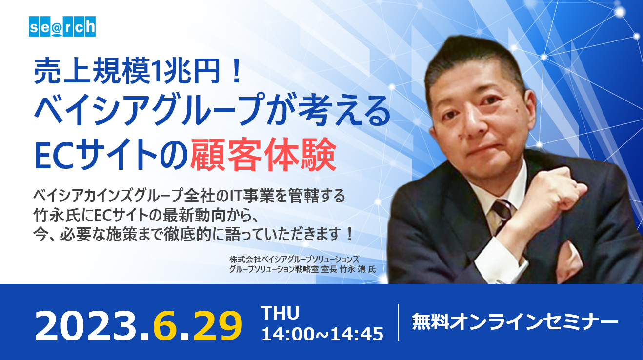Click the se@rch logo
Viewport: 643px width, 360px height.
62,26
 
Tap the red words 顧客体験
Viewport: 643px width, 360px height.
263,155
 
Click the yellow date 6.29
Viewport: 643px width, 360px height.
198,326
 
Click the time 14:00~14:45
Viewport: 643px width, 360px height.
322,334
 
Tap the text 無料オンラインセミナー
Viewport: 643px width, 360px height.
515,322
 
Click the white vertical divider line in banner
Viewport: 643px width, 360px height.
399,322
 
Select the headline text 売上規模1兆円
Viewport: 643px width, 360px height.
127,71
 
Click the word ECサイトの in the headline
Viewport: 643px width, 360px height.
111,155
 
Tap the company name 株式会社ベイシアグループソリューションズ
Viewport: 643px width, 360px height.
294,259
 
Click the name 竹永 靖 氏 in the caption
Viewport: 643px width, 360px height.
358,270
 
